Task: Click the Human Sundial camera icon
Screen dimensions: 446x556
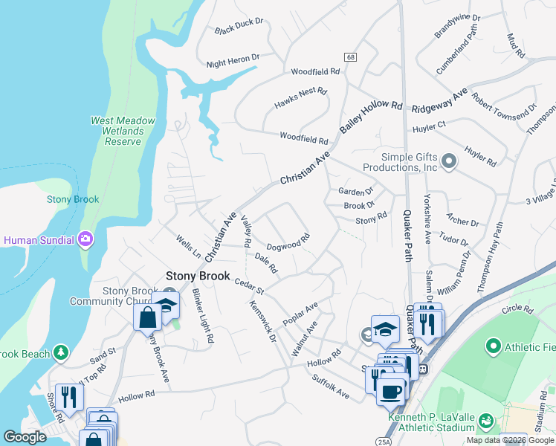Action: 85,239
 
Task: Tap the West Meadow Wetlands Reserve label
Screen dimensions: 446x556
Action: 123,131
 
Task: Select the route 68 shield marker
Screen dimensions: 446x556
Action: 349,57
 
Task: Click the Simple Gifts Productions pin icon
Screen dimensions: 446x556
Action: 448,161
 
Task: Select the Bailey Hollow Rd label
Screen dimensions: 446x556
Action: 371,117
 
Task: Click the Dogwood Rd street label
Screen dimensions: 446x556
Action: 288,243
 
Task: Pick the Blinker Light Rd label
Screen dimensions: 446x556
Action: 203,316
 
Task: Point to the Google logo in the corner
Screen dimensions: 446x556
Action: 25,437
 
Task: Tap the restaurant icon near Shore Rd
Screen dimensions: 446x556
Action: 69,395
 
